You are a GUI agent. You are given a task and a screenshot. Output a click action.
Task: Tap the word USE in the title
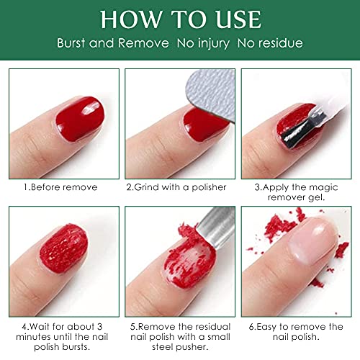click(238, 19)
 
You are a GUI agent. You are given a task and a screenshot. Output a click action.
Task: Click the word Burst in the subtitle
click(71, 43)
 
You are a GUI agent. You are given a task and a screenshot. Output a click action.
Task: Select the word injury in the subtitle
click(214, 44)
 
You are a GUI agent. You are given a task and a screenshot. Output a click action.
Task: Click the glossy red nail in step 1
click(81, 118)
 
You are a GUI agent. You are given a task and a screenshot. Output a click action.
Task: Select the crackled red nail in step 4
click(64, 248)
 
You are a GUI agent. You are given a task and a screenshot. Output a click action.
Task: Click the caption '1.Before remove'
click(60, 187)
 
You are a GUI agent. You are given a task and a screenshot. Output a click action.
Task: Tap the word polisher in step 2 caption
click(209, 187)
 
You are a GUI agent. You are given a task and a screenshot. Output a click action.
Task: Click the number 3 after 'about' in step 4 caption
click(99, 327)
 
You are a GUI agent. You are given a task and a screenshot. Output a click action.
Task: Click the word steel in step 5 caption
click(161, 347)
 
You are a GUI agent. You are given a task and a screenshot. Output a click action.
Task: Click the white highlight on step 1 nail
click(91, 107)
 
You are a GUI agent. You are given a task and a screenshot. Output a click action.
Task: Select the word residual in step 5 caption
click(212, 327)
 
